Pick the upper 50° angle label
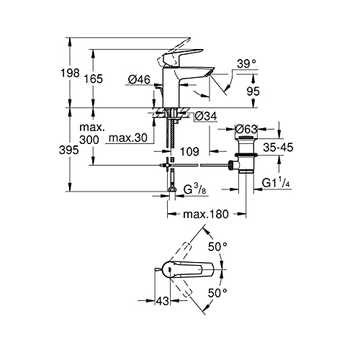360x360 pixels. point(217,246)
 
